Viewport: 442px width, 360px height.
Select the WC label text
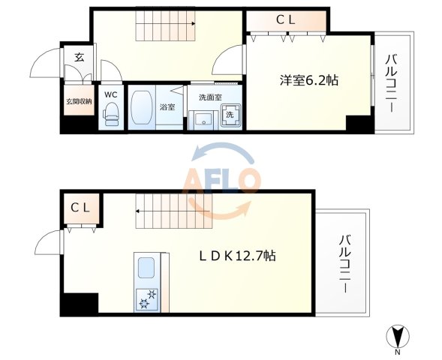pos(110,94)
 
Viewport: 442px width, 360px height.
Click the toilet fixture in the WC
pos(110,113)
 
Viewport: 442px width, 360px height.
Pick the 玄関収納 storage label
pos(77,101)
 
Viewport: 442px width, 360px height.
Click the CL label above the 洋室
pos(285,20)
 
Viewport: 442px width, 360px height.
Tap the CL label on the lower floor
pos(80,207)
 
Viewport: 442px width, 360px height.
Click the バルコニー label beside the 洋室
pos(392,82)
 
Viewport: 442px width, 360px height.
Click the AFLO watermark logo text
pos(222,181)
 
